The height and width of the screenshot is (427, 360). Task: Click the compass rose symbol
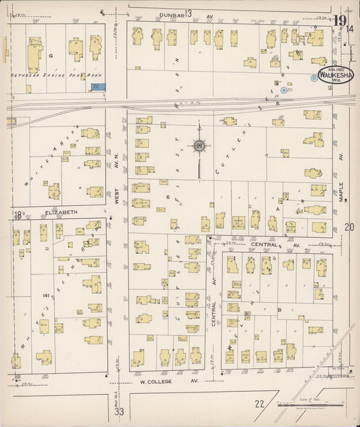200,145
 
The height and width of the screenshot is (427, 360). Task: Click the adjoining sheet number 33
120,411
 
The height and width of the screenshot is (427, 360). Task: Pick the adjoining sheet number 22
259,403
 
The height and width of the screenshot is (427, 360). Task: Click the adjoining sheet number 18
17,215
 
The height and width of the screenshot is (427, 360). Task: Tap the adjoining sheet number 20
349,227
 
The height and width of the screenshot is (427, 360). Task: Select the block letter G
51,55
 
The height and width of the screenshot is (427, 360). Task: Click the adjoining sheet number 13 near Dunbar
188,14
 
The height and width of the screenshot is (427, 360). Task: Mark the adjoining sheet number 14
351,28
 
